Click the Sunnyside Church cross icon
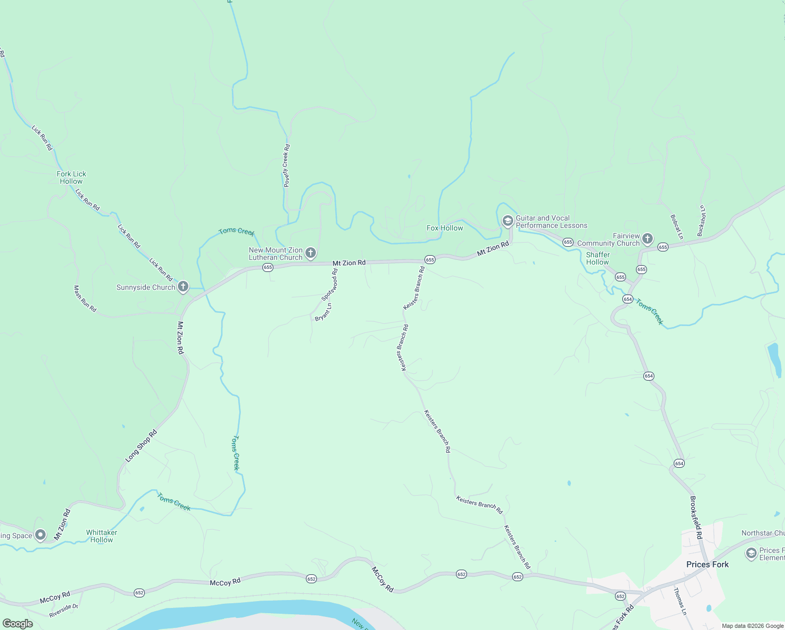pyautogui.click(x=183, y=287)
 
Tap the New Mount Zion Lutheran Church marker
pyautogui.click(x=311, y=254)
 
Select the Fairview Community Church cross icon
pyautogui.click(x=648, y=239)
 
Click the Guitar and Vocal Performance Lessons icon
pyautogui.click(x=507, y=221)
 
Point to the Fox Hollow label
pyautogui.click(x=444, y=228)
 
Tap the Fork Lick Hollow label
pyautogui.click(x=71, y=177)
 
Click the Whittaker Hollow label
pyautogui.click(x=101, y=536)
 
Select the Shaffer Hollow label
pyautogui.click(x=598, y=258)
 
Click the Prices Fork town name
pyautogui.click(x=707, y=564)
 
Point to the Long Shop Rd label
pyautogui.click(x=141, y=446)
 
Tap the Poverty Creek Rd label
pyautogui.click(x=287, y=166)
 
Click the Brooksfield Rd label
pyautogui.click(x=696, y=518)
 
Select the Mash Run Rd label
pyautogui.click(x=85, y=299)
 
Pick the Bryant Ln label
pyautogui.click(x=323, y=312)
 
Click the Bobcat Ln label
pyautogui.click(x=677, y=227)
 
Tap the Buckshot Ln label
pyautogui.click(x=702, y=220)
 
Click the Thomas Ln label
pyautogui.click(x=680, y=601)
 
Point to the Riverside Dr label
pyautogui.click(x=63, y=611)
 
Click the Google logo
pyautogui.click(x=17, y=624)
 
